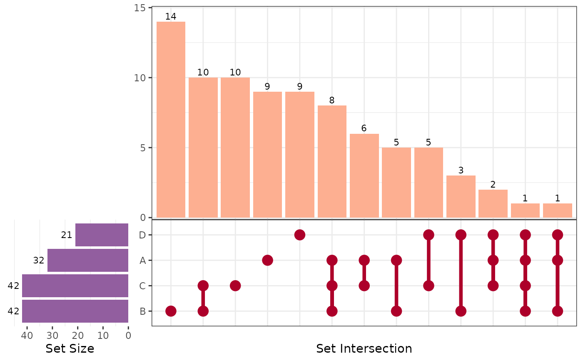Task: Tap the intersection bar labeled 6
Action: click(364, 175)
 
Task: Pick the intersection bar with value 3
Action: click(461, 196)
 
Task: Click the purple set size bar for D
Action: click(102, 235)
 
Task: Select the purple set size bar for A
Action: click(88, 261)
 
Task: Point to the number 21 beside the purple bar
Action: click(67, 235)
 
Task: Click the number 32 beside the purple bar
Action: click(39, 261)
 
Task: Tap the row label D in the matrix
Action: click(142, 235)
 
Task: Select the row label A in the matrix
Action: click(142, 261)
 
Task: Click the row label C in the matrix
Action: click(142, 286)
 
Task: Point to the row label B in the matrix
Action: click(142, 311)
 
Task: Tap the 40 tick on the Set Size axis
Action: click(27, 336)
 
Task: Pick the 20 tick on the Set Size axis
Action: click(78, 336)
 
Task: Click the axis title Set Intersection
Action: click(364, 348)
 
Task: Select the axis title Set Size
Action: click(70, 348)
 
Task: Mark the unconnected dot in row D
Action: click(300, 235)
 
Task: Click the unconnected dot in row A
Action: click(267, 261)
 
